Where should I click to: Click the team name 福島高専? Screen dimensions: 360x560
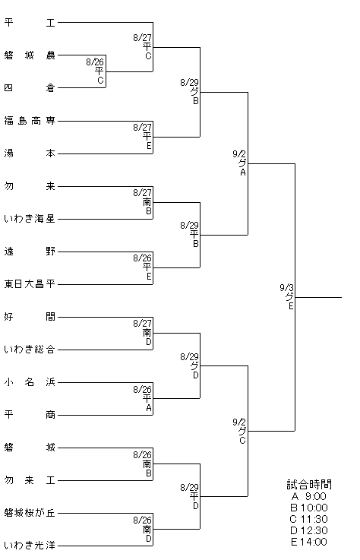30,121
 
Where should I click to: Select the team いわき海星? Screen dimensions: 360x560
30,219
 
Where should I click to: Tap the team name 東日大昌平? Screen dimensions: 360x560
30,284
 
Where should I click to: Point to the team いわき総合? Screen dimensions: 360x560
30,350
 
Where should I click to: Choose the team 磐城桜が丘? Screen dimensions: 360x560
30,513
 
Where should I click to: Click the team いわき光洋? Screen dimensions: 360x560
30,546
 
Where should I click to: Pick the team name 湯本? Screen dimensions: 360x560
30,153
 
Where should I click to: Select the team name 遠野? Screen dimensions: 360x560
30,252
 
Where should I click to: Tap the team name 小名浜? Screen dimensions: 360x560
30,382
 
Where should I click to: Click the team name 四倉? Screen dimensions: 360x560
30,88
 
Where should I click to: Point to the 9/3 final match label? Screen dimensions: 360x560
287,296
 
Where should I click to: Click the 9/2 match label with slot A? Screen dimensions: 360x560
240,163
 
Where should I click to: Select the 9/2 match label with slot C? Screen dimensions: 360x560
240,431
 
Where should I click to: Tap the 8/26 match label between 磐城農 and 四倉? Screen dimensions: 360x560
95,71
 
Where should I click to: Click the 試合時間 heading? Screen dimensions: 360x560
309,485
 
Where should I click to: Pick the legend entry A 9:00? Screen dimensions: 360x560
309,496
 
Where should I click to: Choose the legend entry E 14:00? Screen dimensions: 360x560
309,542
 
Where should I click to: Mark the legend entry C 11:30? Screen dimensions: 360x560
309,519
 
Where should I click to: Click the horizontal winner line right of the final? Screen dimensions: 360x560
318,297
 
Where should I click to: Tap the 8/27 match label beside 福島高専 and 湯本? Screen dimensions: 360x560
143,137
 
